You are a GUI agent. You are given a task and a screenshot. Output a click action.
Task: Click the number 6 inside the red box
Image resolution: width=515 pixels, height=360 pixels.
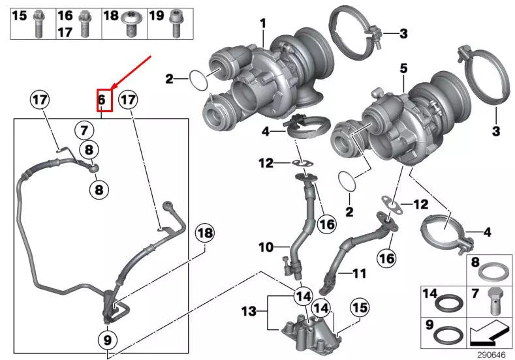(102, 100)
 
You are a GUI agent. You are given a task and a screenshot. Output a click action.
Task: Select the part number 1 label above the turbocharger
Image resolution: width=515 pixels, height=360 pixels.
(263, 24)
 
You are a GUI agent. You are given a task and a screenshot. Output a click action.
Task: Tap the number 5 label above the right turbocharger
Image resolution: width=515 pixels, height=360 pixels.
(403, 68)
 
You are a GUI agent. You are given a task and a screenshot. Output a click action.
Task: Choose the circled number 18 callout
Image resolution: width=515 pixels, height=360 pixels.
(204, 233)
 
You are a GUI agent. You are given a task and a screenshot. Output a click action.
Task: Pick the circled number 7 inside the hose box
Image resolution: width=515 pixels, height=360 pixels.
(84, 129)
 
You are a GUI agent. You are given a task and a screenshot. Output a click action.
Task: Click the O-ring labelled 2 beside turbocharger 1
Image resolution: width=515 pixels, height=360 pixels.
(198, 81)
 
